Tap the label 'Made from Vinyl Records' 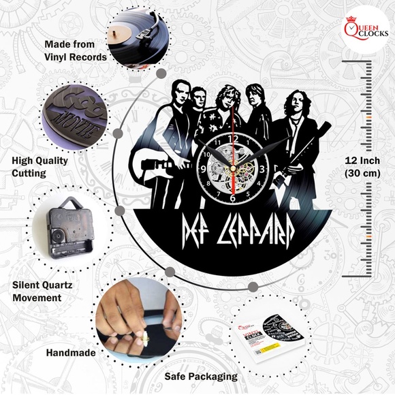click(76, 51)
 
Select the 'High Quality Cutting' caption click(40, 167)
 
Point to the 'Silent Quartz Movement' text click(46, 291)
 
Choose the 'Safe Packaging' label click(201, 376)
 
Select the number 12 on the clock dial click(233, 139)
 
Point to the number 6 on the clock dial click(233, 197)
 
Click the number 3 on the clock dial click(263, 168)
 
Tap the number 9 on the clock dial click(204, 169)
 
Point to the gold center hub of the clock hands click(233, 168)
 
